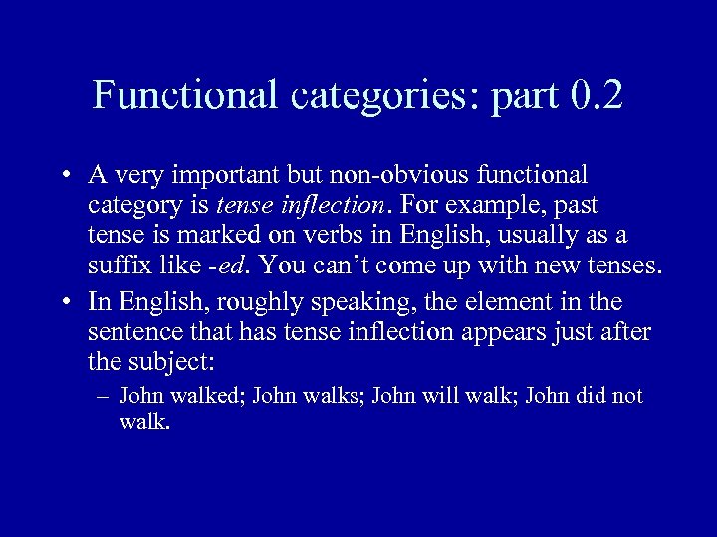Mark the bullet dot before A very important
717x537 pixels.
pyautogui.click(x=64, y=177)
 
